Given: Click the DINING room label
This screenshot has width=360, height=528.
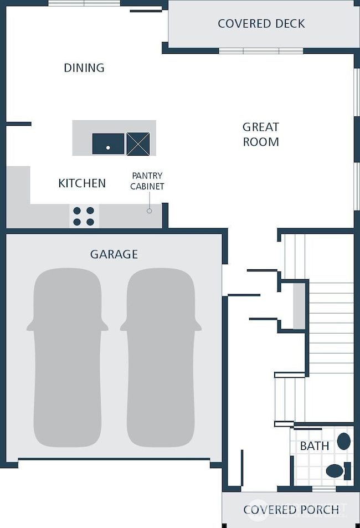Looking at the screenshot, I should tap(84, 68).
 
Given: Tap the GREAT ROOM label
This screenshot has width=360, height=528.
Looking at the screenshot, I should tap(260, 135).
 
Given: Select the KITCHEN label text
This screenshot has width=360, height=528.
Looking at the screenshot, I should tap(82, 183).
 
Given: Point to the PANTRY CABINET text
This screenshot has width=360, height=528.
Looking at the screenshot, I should tap(147, 181).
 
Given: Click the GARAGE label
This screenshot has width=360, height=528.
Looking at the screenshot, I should tap(114, 255).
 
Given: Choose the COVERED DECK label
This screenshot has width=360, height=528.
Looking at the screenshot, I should tap(261, 24).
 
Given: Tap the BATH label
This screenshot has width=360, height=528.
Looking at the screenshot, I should tap(315, 446).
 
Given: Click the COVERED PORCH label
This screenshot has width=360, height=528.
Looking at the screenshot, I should tap(291, 510).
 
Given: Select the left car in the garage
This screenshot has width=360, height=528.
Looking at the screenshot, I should tap(67, 357).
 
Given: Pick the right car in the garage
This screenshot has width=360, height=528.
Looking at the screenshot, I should tap(160, 357).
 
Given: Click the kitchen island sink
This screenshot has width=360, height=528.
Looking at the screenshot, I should tap(109, 143).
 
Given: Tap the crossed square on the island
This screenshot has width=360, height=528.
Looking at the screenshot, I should tap(138, 143).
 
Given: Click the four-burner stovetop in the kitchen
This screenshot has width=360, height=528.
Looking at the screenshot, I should tap(84, 216).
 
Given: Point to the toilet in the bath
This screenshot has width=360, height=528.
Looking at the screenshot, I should tap(337, 471).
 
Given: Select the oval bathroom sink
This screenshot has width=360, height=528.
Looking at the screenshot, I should tap(344, 442).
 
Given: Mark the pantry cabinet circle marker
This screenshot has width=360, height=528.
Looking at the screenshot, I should tap(149, 211).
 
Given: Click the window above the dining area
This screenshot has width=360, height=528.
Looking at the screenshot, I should tap(84, 3).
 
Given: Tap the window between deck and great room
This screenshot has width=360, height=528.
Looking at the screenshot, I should tap(261, 51).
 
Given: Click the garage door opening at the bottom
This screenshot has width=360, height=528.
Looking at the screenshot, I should tap(114, 459).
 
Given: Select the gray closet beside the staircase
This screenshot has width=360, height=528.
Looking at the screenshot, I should tap(299, 305).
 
